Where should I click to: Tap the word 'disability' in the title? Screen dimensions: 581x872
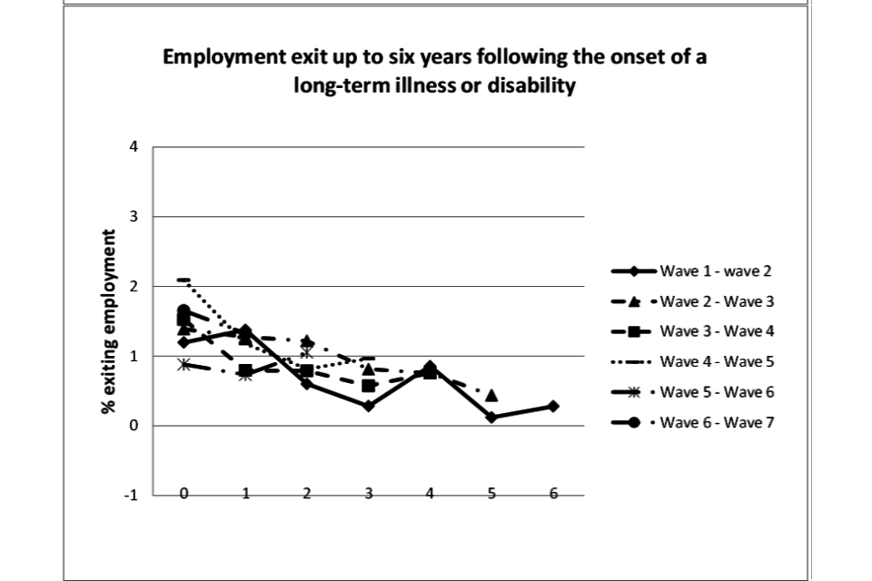532,88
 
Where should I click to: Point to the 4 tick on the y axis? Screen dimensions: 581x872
134,147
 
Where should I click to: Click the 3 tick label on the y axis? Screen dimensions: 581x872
134,217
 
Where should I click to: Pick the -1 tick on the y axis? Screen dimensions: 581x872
132,496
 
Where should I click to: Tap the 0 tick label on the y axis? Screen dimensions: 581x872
134,426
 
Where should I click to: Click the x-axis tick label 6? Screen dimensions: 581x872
553,493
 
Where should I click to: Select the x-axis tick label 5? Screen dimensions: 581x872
491,493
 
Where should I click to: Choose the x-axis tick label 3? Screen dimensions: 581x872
369,493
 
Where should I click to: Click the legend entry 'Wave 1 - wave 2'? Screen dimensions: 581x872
715,271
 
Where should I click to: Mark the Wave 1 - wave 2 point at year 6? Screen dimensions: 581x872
553,406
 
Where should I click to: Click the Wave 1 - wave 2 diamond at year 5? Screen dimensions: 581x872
491,417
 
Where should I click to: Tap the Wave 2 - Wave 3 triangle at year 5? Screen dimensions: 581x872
491,396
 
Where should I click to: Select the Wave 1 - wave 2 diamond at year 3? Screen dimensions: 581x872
369,406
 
